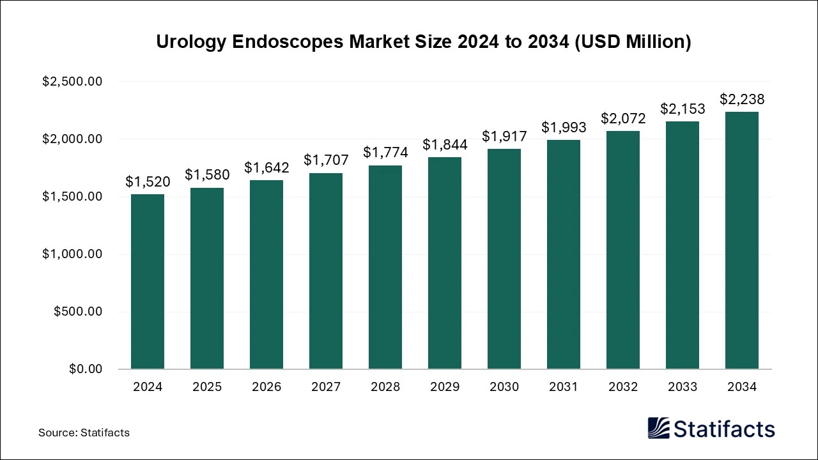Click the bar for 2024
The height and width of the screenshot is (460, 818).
coord(148,281)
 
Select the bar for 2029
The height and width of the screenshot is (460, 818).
coord(445,263)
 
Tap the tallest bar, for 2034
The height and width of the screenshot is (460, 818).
coord(742,240)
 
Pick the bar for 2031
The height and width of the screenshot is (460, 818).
coord(564,254)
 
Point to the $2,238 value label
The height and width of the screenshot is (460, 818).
coord(742,99)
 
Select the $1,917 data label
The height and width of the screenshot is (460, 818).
coord(504,135)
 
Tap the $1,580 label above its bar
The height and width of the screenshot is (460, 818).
coord(207,174)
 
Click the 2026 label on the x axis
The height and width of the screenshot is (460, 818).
coord(266,387)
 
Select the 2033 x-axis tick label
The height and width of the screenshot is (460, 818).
coord(683,387)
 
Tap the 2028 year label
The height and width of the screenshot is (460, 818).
coord(385,387)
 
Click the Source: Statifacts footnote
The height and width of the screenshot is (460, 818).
coord(84,433)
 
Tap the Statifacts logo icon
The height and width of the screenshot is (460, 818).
coord(659,428)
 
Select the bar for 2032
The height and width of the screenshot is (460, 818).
coord(623,250)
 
